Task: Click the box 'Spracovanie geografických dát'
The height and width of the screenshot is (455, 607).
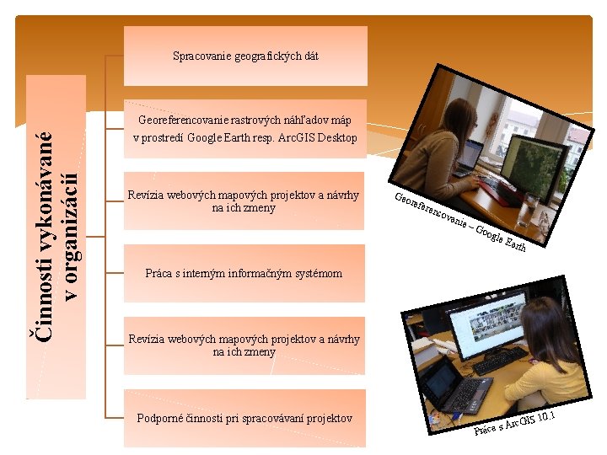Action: [245, 56]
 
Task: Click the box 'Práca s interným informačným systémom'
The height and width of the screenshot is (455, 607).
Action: [244, 273]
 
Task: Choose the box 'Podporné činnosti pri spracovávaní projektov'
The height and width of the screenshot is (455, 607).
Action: [244, 418]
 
